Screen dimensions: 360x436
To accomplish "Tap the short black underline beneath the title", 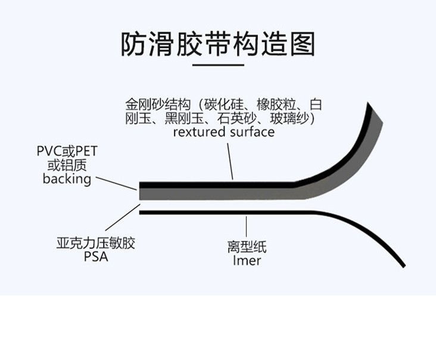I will coord(218,64).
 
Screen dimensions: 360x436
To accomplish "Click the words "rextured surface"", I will coord(223,132).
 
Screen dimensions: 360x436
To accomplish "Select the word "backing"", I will coord(67,179).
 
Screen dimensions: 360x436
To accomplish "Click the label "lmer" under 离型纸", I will coord(247,260).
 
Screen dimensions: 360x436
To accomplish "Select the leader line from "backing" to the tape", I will coord(116,182).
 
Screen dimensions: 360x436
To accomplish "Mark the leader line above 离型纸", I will coord(245,226).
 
